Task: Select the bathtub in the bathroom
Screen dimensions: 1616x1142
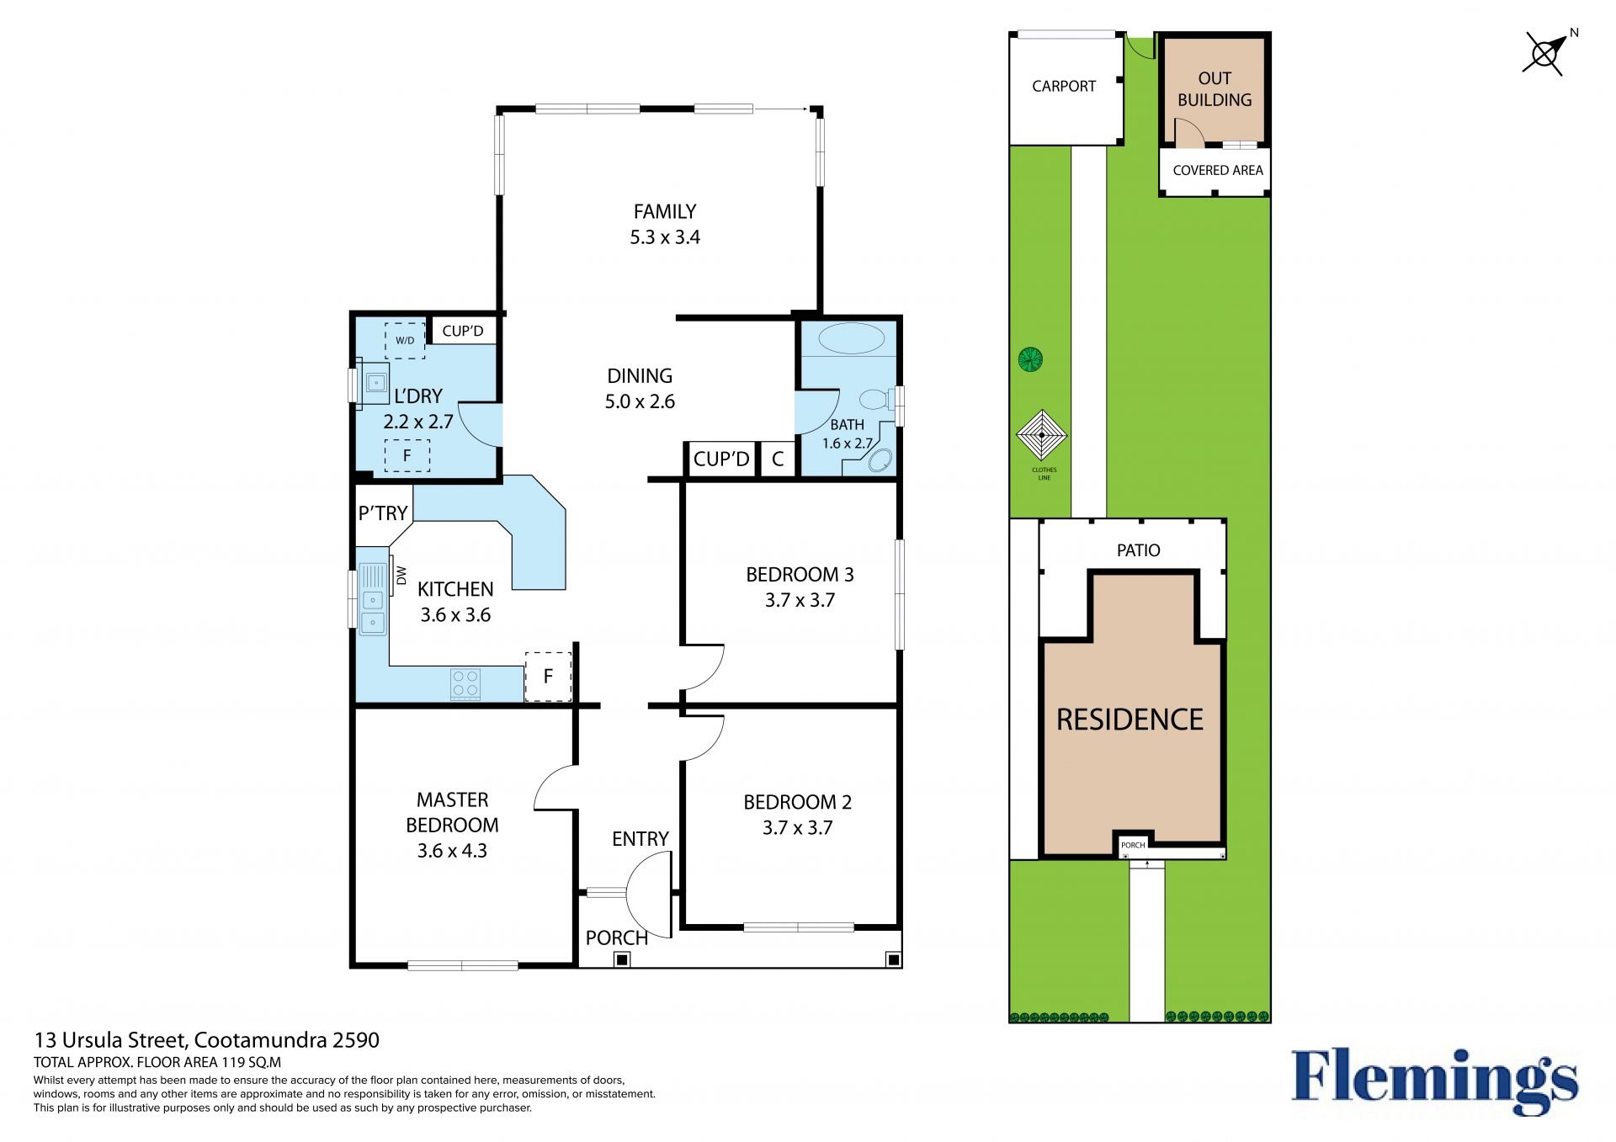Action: (x=852, y=339)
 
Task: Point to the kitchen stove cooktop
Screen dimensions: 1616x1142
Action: (x=465, y=684)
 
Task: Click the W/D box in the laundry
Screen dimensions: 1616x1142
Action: (x=405, y=341)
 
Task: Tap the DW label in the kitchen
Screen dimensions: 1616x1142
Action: (x=401, y=576)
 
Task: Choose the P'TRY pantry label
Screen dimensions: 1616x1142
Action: (x=383, y=513)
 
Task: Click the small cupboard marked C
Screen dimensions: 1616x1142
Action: (x=778, y=459)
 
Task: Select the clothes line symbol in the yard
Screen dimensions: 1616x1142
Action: (x=1042, y=436)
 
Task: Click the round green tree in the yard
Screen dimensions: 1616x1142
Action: (x=1030, y=360)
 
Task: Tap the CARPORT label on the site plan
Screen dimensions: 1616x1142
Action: (x=1064, y=86)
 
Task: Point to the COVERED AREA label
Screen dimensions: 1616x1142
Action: (x=1218, y=170)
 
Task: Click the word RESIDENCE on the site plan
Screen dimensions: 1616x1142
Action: (x=1130, y=720)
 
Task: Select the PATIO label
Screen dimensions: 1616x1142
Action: (x=1138, y=550)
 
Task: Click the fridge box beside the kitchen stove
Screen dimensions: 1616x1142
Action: (x=548, y=677)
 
